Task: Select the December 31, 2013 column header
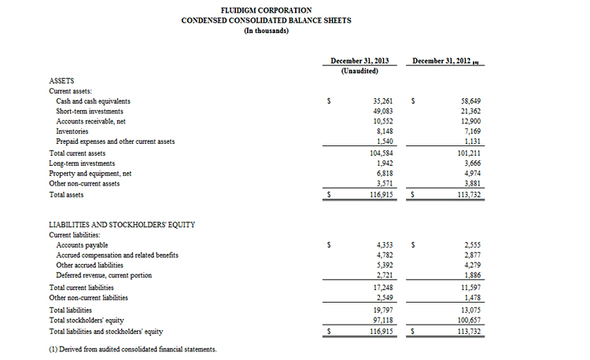360,61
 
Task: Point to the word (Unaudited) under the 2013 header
360,71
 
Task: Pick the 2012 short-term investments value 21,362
470,112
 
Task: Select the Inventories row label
72,131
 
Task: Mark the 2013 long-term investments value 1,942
383,163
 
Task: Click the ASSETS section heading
62,81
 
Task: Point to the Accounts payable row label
82,245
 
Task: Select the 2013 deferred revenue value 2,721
383,275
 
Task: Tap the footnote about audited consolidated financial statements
132,349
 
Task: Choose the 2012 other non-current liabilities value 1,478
471,298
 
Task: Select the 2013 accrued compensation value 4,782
383,255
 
